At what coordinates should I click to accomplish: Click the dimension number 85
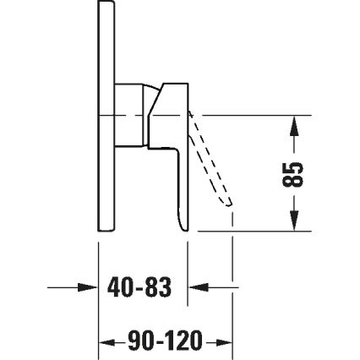tap(292, 174)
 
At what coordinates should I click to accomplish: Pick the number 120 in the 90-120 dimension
tap(183, 342)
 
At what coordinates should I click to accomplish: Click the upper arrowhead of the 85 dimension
tap(293, 125)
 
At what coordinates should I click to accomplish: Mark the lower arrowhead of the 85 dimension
tap(293, 222)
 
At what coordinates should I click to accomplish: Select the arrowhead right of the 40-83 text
tap(196, 288)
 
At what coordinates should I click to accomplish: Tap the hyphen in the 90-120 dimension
tap(156, 342)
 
